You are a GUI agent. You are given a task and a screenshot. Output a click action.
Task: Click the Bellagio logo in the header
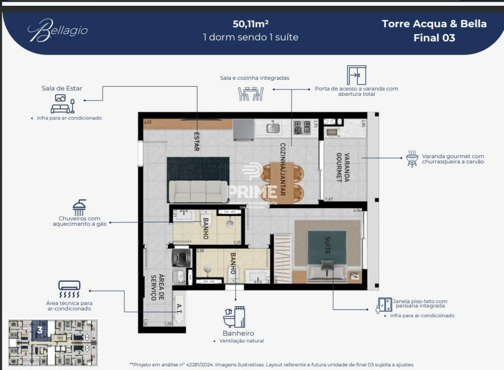point(58,31)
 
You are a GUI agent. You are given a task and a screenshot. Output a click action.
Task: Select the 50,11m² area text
point(251,24)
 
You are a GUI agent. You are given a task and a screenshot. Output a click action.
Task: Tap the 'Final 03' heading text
point(434,38)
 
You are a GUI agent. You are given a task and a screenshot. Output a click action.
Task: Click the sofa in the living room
point(198,192)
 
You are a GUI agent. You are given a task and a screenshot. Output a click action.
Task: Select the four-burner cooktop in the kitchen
point(302,127)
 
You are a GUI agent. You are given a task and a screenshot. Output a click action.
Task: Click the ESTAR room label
point(196,142)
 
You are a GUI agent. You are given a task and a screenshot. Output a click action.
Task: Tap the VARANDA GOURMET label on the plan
point(342,167)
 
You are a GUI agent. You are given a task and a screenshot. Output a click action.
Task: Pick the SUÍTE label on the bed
point(327,246)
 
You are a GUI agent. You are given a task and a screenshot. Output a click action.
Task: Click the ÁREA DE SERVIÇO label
point(157,287)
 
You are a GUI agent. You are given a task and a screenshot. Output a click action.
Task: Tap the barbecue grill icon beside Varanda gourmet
point(412,159)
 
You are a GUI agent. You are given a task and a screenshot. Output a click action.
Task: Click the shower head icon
point(79,207)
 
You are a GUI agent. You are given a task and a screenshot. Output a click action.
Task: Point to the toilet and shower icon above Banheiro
point(234,317)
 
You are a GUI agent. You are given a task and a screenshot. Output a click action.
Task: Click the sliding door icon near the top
point(357,75)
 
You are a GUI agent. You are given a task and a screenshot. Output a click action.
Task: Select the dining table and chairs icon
point(251,93)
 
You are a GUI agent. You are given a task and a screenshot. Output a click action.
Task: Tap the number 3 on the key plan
point(39,330)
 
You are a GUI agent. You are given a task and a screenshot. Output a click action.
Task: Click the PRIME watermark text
point(252,191)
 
